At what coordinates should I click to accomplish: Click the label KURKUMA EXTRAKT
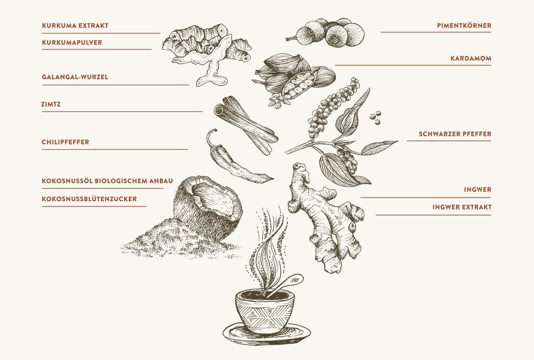(x=75, y=25)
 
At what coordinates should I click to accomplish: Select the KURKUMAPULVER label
(x=72, y=42)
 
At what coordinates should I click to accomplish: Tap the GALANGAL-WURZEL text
(x=75, y=77)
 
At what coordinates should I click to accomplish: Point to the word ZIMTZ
(x=51, y=104)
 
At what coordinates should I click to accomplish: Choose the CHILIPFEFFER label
(x=65, y=142)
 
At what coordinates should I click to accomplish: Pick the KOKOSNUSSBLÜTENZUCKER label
(x=89, y=199)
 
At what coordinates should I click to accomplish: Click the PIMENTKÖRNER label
(x=464, y=25)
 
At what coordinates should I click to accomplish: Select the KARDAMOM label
(x=471, y=58)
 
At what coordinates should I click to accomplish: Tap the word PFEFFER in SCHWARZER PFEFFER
(x=477, y=134)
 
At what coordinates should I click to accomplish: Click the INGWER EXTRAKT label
(x=462, y=207)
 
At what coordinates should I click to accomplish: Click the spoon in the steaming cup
(x=287, y=283)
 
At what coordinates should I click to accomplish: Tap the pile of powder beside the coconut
(x=180, y=240)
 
